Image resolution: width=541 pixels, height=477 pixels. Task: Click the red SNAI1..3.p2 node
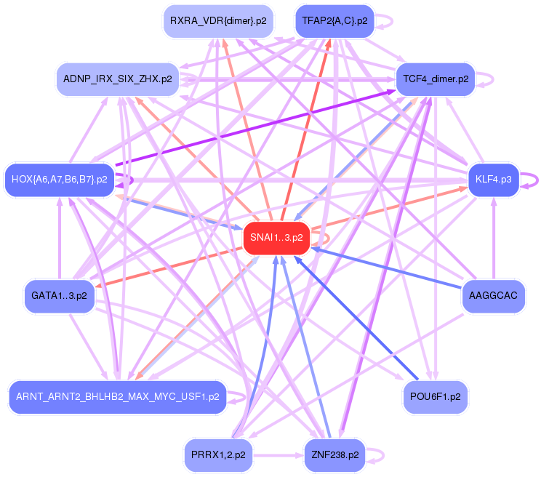click(x=276, y=238)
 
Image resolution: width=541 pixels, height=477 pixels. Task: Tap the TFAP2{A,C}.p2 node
click(x=334, y=21)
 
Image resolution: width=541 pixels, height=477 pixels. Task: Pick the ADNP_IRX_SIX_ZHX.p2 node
click(x=117, y=79)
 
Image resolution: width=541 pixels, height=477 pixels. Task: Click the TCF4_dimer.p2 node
click(x=435, y=79)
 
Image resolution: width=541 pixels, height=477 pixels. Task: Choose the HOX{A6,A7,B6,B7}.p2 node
click(x=60, y=179)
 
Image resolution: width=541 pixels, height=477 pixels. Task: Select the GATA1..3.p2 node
click(x=59, y=296)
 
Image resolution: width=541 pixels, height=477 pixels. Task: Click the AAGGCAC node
click(x=493, y=296)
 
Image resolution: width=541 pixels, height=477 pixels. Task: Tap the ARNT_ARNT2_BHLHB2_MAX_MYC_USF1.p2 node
click(x=116, y=397)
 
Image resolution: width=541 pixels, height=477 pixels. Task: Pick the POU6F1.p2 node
click(x=435, y=397)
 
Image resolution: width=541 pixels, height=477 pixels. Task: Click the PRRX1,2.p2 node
click(x=218, y=455)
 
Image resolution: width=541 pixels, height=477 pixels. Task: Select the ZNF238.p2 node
click(x=334, y=455)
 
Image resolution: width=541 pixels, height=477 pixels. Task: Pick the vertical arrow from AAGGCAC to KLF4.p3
click(x=493, y=240)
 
